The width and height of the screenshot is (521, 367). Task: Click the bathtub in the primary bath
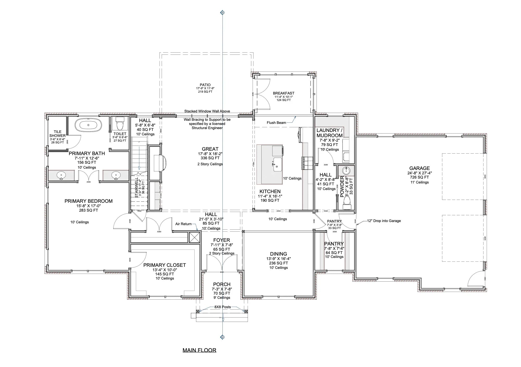point(88,125)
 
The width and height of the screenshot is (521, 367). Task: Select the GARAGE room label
point(419,168)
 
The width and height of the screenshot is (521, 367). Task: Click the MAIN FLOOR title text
point(199,350)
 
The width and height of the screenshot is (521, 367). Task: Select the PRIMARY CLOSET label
point(164,265)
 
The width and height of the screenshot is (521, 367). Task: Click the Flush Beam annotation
point(276,123)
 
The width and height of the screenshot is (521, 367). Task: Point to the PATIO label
point(205,85)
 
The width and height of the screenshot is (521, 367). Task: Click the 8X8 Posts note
point(222,307)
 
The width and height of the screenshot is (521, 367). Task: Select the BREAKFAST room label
point(283,93)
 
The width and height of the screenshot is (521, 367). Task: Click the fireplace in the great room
point(160,163)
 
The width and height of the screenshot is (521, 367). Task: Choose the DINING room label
point(278,254)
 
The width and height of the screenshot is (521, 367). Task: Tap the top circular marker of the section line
point(222,12)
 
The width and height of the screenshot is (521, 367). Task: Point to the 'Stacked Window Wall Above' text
point(207,111)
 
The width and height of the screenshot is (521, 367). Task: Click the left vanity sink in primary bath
point(62,175)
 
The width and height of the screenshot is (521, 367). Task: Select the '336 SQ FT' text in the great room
point(210,158)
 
